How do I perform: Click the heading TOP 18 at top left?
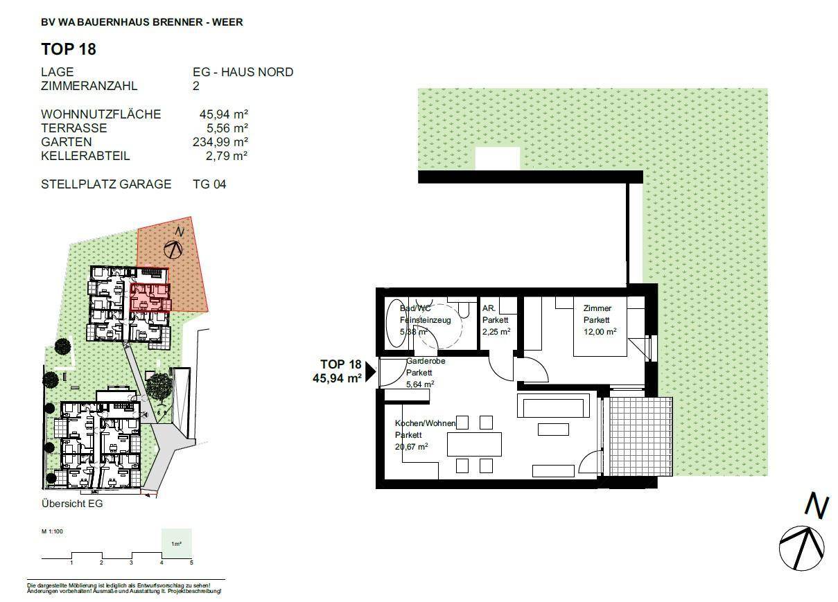click(69, 49)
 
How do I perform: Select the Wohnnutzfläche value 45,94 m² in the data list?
click(224, 114)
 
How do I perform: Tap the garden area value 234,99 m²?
click(220, 142)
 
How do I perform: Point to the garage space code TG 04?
click(209, 184)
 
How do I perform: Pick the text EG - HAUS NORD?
click(243, 72)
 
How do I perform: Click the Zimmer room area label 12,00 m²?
click(600, 332)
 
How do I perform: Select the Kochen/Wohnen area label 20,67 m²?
click(411, 447)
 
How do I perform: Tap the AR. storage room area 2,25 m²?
click(496, 332)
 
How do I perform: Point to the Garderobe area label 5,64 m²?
click(420, 384)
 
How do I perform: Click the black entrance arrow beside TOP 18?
click(370, 372)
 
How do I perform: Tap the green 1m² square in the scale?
click(176, 543)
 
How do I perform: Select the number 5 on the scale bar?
click(191, 563)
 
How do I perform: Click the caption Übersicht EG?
click(72, 504)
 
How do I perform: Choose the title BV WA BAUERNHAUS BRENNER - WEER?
click(142, 22)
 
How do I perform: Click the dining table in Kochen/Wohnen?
click(474, 443)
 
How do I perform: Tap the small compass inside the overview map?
click(173, 248)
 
